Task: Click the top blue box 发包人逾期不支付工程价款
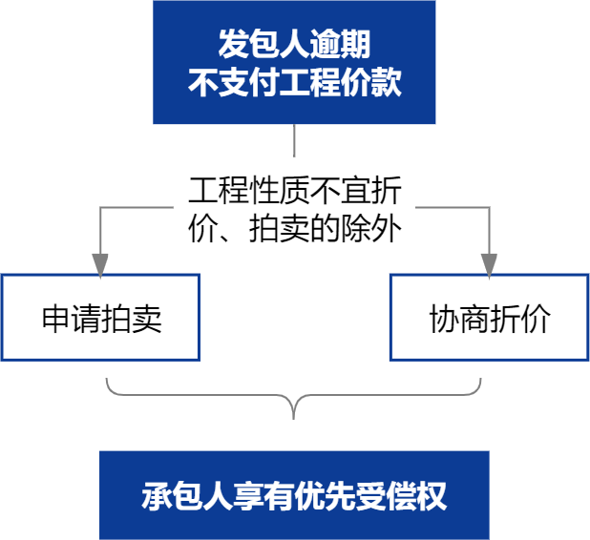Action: [x=294, y=63]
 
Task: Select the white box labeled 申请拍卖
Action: [x=100, y=318]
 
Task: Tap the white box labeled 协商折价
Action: [x=489, y=318]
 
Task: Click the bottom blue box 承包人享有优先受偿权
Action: [x=294, y=495]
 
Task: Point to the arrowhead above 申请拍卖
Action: [x=100, y=263]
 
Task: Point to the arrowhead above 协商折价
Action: [x=489, y=263]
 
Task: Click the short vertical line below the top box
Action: [x=294, y=141]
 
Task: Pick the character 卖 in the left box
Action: [x=146, y=319]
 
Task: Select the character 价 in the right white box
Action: [x=536, y=319]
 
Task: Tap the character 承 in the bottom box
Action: [x=157, y=496]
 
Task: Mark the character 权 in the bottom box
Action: [x=432, y=496]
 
